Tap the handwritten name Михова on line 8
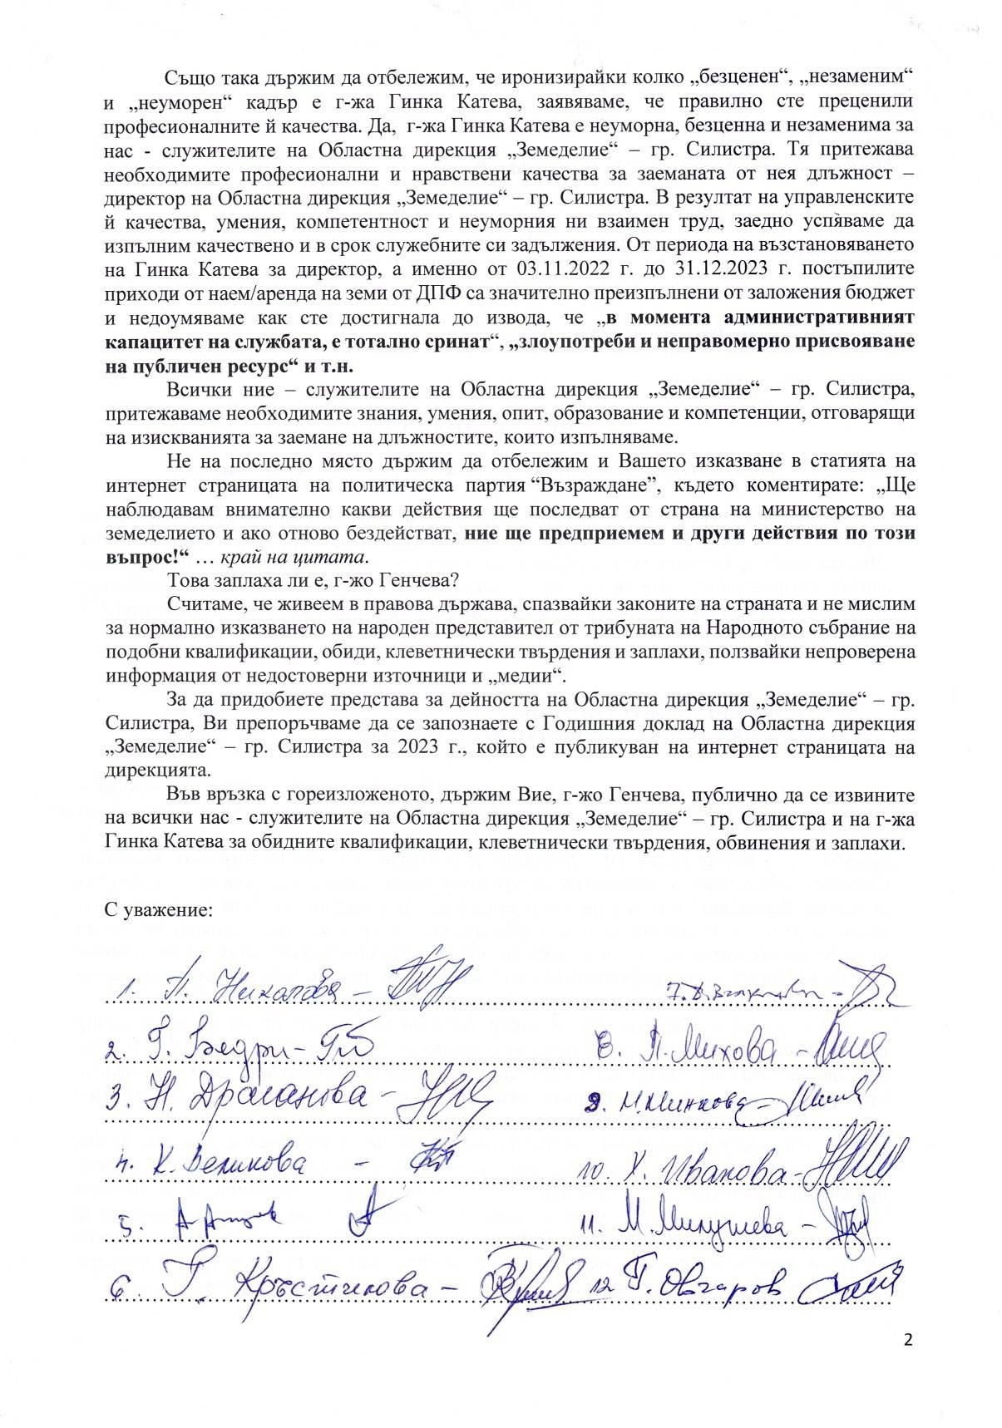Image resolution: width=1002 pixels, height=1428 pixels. click(x=728, y=1055)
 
